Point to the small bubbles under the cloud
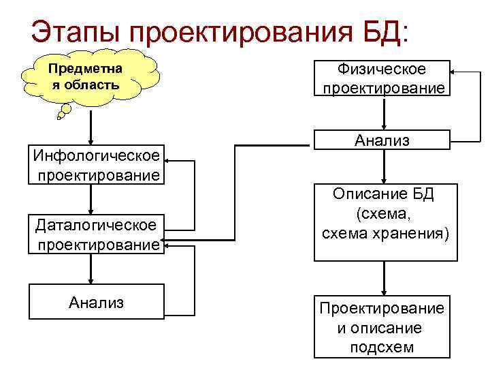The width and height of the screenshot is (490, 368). (64, 111)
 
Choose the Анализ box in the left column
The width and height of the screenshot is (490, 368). (97, 302)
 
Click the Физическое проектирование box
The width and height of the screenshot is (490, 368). (383, 78)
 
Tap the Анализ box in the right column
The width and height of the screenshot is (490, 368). (382, 140)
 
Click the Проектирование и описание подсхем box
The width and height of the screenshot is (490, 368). (382, 327)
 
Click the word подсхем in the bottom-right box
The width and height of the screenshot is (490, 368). (382, 348)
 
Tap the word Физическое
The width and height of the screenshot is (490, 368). (383, 70)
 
